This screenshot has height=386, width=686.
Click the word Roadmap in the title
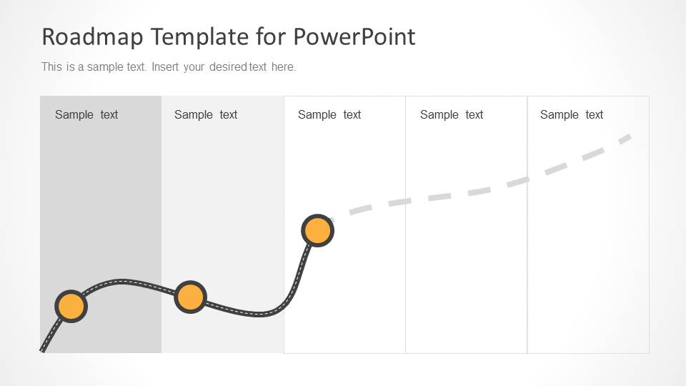coord(92,36)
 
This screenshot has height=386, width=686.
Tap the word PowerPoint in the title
coord(354,36)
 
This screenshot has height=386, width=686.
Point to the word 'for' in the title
coord(272,36)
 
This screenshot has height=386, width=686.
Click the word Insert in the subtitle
coord(165,67)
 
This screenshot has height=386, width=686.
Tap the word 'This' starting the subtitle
coord(51,67)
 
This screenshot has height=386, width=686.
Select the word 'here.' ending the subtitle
coord(284,67)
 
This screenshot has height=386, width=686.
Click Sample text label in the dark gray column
coord(86,115)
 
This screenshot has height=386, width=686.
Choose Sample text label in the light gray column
coord(206,115)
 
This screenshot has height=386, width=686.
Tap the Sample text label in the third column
coord(329,115)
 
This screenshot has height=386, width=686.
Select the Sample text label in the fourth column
coord(452,115)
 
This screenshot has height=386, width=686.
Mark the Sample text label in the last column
coord(572,115)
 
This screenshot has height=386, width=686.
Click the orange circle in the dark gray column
coord(71,307)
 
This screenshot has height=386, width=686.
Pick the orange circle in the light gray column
coord(190,297)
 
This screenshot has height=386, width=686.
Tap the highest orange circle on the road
coord(317,230)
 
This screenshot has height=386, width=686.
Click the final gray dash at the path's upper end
coord(625,139)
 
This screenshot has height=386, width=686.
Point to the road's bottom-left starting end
coord(42,350)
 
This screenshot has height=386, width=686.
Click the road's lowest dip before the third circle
coord(260,313)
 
